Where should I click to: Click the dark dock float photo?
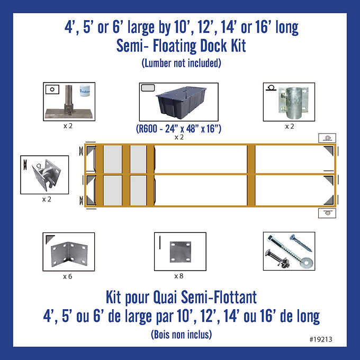tap(181, 102)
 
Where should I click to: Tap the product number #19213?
tap(321, 339)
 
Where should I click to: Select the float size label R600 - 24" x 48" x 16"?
tap(178, 129)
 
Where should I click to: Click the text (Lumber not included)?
tap(182, 63)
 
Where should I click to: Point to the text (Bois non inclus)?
tap(182, 335)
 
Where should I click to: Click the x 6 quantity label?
tap(68, 276)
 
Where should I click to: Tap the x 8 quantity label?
tap(178, 276)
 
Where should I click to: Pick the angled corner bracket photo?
tap(69, 254)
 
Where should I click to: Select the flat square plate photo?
tap(181, 252)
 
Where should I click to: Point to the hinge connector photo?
tap(46, 175)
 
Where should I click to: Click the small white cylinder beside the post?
tap(85, 91)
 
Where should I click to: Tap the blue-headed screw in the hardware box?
tap(301, 243)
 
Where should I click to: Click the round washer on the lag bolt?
tap(307, 263)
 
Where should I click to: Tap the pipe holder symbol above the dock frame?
tap(327, 138)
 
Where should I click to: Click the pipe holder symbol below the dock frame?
tap(327, 213)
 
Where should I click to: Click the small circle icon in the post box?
tap(52, 89)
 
